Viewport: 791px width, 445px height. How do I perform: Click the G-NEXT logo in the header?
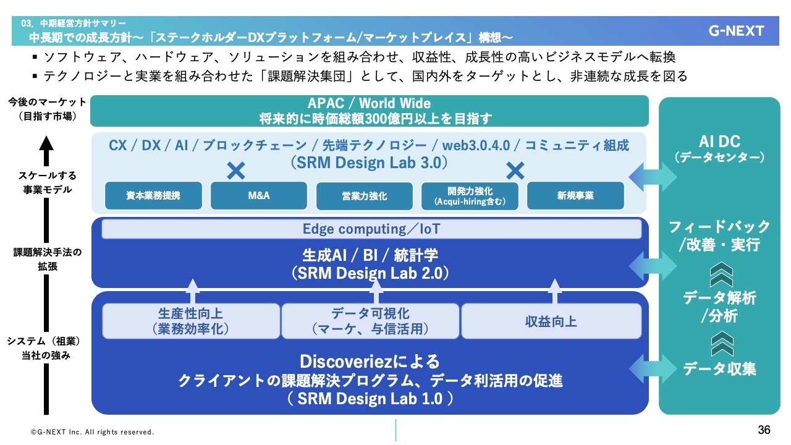pos(736,31)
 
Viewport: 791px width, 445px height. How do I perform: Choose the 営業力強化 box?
pos(364,195)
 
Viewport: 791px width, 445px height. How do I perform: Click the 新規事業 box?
pos(575,195)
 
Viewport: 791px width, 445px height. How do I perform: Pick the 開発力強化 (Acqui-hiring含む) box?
pos(470,195)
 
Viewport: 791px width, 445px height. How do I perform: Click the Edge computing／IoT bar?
pos(371,229)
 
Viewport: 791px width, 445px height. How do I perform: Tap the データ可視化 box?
pos(370,321)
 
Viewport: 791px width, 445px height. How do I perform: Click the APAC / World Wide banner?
pos(369,111)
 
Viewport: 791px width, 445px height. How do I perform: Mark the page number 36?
pos(764,430)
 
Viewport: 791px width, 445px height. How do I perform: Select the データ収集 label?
pos(719,370)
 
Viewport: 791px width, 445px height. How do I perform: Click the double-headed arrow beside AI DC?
pos(653,177)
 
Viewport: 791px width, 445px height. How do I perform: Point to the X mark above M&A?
pos(236,171)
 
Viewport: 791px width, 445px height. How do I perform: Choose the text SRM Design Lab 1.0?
pos(370,399)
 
